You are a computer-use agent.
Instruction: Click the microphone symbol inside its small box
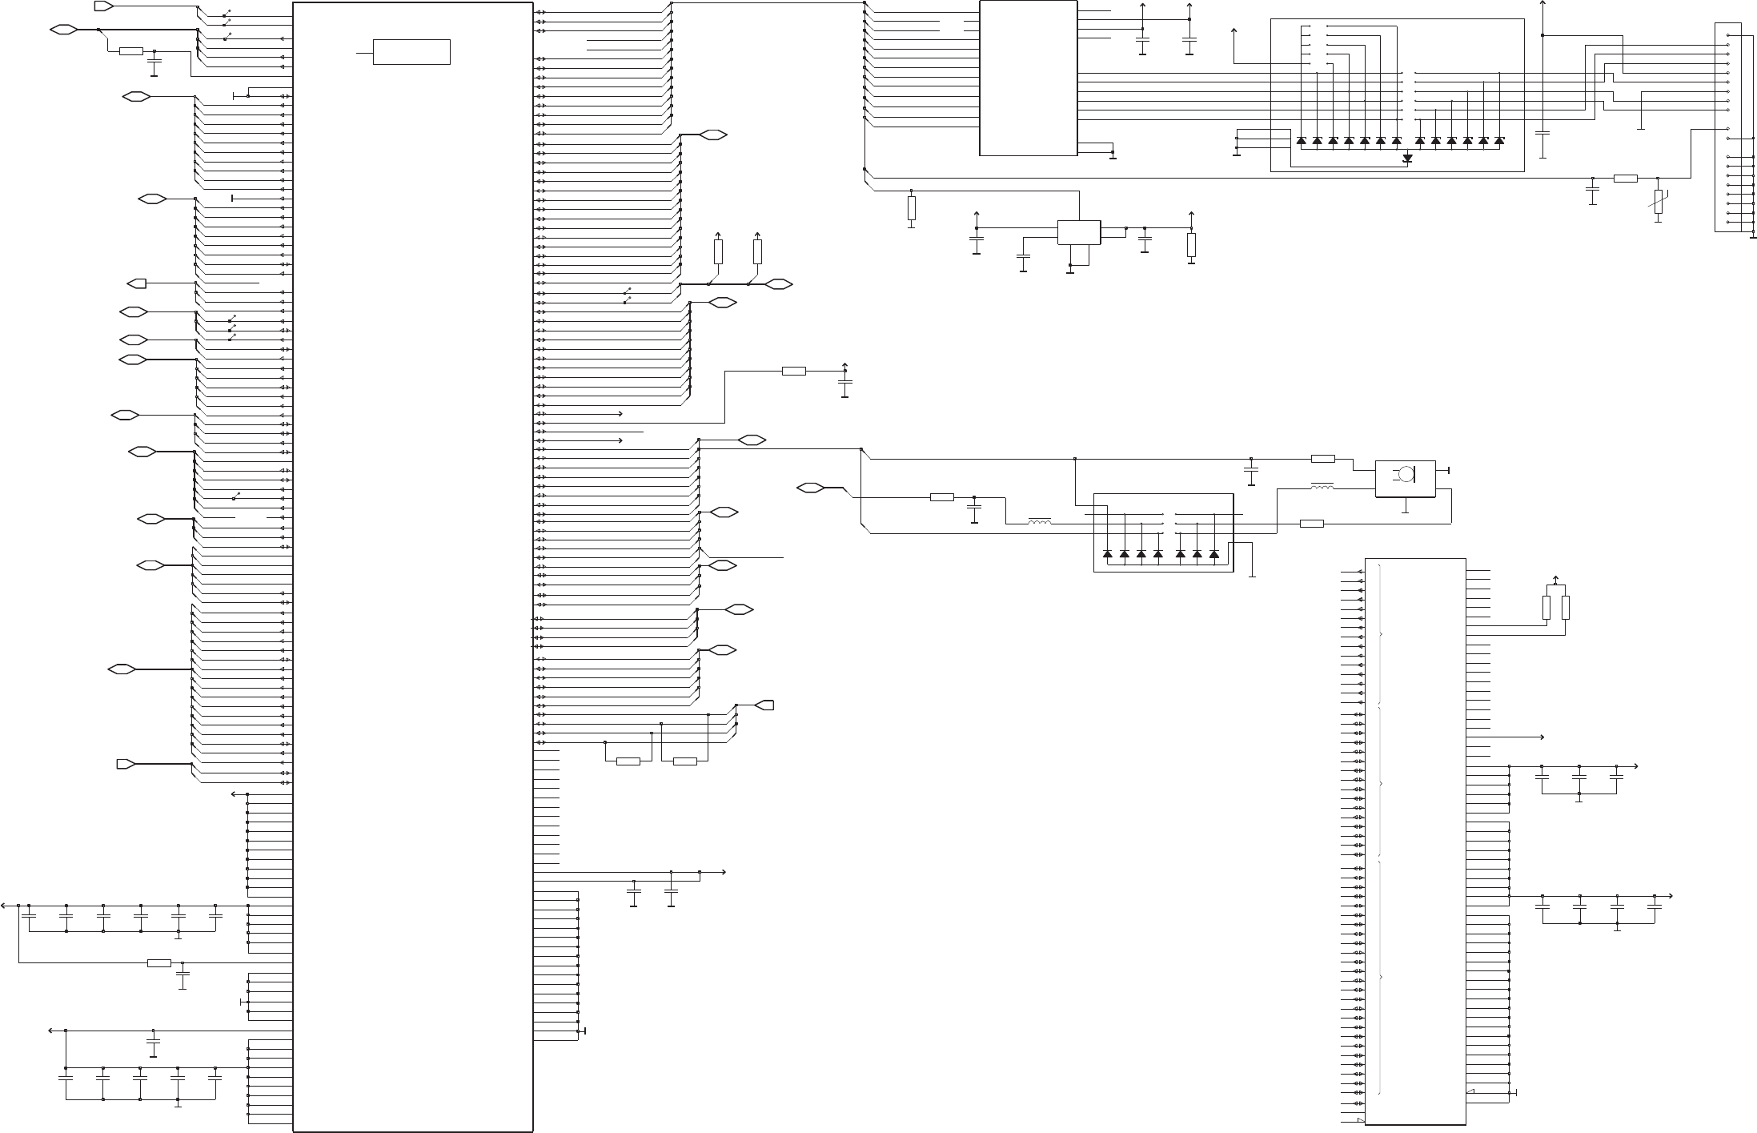coord(1405,474)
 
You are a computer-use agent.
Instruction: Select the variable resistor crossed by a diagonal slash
coord(1658,201)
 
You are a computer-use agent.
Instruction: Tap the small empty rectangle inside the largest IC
coord(411,52)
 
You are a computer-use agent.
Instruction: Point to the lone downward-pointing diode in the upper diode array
coord(1408,159)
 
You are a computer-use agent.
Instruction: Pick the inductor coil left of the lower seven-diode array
coord(1040,524)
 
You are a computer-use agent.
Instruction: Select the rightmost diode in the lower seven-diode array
coord(1213,554)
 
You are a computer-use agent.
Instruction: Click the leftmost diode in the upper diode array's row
coord(1301,141)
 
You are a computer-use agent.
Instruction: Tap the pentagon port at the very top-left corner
coord(104,6)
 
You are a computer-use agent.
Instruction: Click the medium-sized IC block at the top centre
coord(1029,78)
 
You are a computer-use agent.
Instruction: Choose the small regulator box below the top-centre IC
coord(1079,232)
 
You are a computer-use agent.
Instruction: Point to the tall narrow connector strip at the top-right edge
coord(1727,128)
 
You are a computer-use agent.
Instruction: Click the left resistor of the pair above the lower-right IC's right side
coord(1546,608)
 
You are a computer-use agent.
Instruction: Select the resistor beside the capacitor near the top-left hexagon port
coord(130,51)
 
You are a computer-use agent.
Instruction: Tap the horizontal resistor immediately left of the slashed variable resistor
coord(1626,178)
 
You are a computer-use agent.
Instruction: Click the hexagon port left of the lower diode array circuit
coord(811,487)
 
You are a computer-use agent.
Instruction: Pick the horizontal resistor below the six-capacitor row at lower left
coord(159,962)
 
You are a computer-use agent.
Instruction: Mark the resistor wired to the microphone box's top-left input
coord(1323,459)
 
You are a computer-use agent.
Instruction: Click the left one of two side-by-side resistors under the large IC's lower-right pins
coord(628,761)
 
